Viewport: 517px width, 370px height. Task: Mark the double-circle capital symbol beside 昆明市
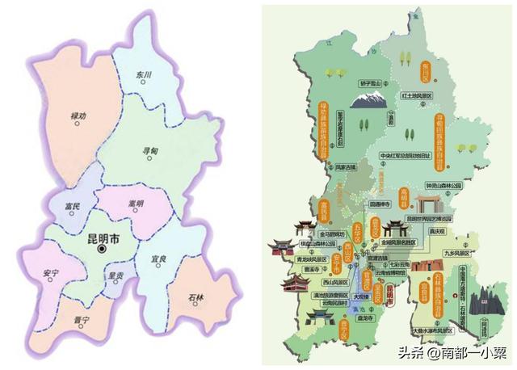pos(102,250)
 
